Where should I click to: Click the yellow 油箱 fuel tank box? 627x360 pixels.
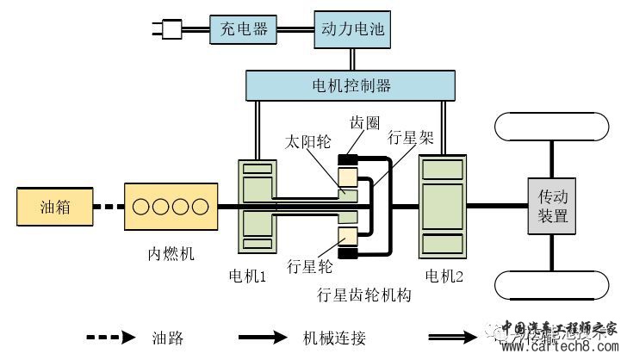click(x=53, y=208)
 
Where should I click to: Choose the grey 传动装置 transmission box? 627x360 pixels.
click(x=552, y=208)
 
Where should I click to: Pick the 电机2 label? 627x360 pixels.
click(x=444, y=276)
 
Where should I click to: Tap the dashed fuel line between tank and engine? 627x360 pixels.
click(x=107, y=208)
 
